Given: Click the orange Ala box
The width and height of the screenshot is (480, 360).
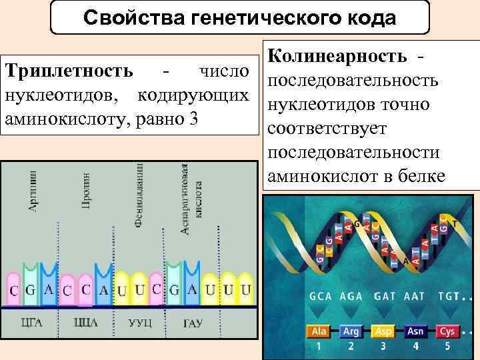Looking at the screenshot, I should tap(318, 331).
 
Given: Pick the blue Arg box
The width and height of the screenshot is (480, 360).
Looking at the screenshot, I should tap(350, 331).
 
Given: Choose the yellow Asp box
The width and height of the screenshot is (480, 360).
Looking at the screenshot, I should tap(383, 331).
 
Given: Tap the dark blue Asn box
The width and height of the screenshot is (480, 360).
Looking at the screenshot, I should tap(415, 331).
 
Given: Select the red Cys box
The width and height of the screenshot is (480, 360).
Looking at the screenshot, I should tap(448, 331).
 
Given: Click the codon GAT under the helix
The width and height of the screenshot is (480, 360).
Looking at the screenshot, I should tap(385, 296).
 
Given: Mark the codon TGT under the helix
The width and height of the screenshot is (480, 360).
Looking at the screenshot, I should tap(449, 296).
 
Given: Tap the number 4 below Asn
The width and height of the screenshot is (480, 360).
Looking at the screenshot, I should tap(415, 346).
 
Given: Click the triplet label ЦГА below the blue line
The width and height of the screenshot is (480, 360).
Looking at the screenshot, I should tap(33, 323).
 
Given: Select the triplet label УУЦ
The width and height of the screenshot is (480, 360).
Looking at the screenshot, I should tap(140, 323).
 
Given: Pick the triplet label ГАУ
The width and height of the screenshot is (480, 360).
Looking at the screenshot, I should tap(193, 323).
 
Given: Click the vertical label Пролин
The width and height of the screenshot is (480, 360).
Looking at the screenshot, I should tap(86, 189).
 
